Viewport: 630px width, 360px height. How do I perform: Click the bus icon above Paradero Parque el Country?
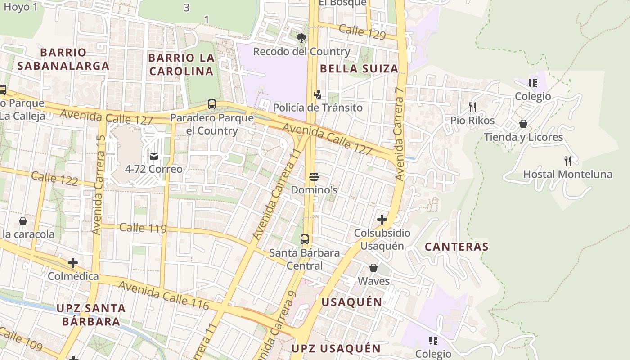coord(212,104)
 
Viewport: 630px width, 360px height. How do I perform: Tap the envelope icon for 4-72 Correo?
coord(154,156)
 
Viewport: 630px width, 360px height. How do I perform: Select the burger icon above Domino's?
coord(314,177)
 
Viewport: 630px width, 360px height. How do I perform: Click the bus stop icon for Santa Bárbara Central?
coord(305,239)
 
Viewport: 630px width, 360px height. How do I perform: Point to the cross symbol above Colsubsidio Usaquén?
coord(382,220)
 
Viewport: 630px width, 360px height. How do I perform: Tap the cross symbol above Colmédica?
coord(73,263)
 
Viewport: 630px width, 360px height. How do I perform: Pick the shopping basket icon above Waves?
coord(373,268)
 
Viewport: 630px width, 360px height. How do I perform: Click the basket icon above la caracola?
coord(23,221)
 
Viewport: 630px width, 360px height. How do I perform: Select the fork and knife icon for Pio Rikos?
coord(472,107)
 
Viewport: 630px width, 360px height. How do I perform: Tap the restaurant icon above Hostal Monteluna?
coord(568,161)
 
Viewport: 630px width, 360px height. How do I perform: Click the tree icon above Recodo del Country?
coord(301,38)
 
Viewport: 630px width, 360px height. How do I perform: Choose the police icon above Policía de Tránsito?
coord(318,94)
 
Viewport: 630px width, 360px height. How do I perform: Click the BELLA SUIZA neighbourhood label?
coord(359,69)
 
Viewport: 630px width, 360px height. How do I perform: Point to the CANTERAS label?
coord(457,247)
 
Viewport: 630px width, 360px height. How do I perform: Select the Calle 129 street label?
coord(362,32)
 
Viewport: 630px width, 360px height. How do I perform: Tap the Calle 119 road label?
coord(143,228)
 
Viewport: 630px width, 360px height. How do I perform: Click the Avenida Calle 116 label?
coord(164,295)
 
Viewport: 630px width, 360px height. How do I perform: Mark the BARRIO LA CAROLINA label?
coord(181,64)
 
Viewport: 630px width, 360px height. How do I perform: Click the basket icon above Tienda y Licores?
coord(523,124)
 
